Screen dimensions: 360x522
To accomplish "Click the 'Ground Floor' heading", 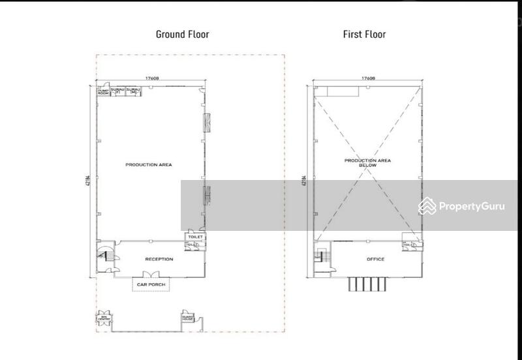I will (x=182, y=34).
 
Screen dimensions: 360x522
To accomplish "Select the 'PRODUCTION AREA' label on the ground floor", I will (x=149, y=165).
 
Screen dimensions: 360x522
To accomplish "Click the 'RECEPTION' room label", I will (x=159, y=259).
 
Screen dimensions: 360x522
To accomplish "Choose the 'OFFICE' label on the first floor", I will (x=375, y=259).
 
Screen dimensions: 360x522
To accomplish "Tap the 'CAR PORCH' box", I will (x=150, y=285).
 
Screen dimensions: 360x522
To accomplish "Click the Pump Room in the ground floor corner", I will (x=103, y=92).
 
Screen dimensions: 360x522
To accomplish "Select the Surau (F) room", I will (x=117, y=91).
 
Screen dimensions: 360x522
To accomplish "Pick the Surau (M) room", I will (x=134, y=91).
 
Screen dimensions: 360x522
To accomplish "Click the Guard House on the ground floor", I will (x=189, y=320).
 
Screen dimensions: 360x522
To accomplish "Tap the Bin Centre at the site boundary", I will (x=104, y=319).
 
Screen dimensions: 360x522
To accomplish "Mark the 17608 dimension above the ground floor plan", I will (x=153, y=78).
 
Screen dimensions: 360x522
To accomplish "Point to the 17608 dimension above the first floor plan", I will (x=368, y=78).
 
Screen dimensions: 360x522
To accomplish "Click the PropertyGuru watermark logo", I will (x=462, y=206).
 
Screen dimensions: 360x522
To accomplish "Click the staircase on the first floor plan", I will (x=321, y=256).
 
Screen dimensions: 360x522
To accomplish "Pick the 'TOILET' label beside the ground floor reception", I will (x=195, y=237).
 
